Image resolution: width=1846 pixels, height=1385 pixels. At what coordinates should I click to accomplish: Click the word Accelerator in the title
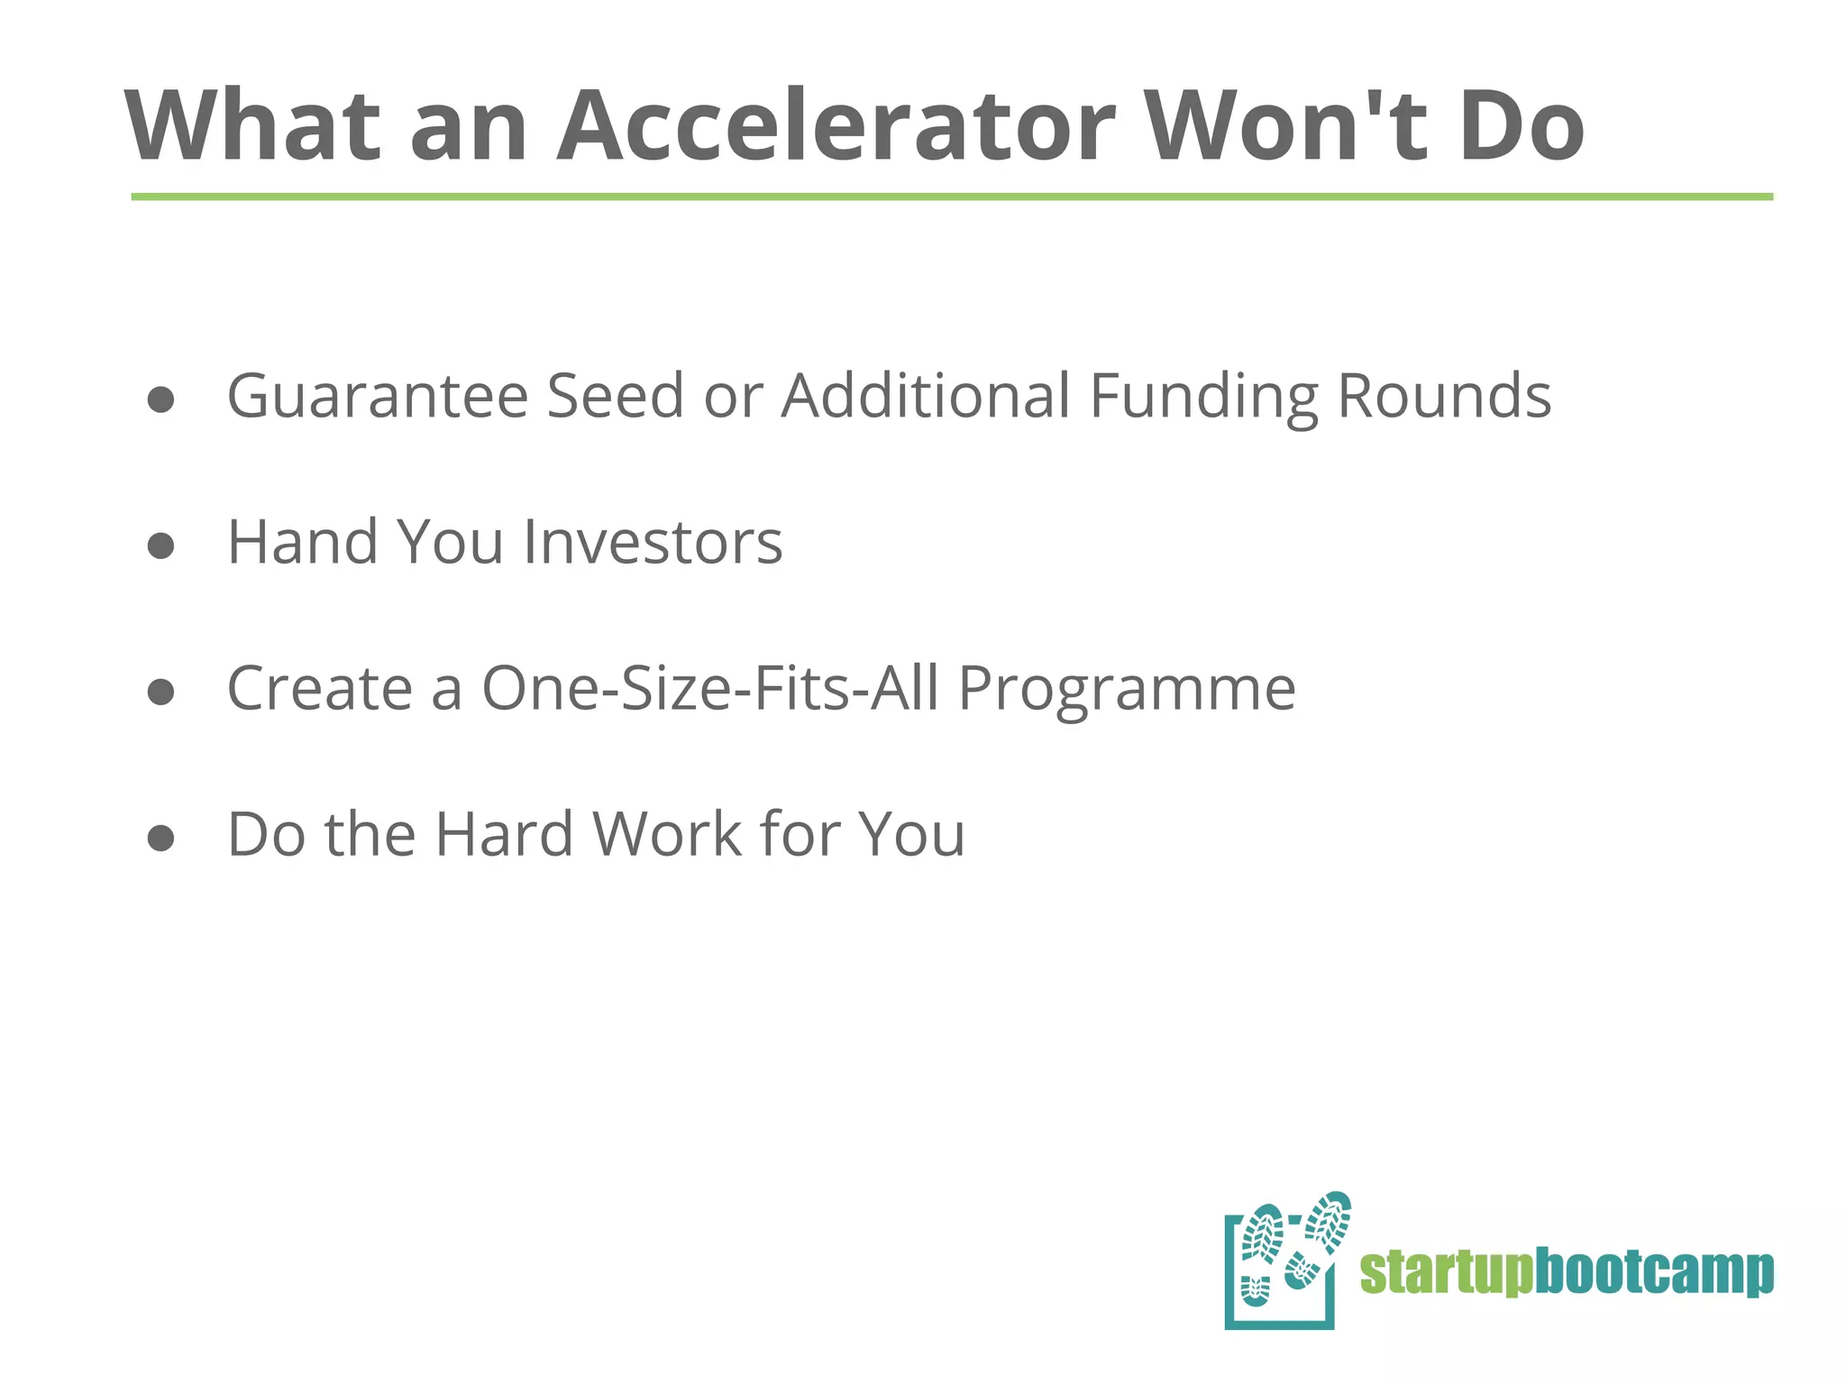coord(836,126)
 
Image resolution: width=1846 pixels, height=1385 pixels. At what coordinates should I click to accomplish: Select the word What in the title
coord(252,126)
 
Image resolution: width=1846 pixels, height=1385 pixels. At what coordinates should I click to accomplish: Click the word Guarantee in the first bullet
coord(377,397)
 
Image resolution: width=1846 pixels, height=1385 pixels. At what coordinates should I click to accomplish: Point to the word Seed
coord(615,397)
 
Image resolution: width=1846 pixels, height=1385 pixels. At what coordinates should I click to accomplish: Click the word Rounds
coord(1444,397)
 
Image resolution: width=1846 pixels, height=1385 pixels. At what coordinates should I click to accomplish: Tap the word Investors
coord(653,543)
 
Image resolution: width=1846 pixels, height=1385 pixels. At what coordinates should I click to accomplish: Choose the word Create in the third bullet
coord(319,689)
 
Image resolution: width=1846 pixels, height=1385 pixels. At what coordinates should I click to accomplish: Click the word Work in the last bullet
coord(667,835)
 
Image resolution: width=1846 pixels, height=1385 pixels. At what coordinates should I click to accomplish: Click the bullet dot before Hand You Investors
coord(160,546)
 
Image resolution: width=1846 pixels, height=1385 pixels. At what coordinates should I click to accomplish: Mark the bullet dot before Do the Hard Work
coord(160,838)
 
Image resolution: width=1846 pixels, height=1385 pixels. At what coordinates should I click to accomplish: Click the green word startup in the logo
coord(1446,1273)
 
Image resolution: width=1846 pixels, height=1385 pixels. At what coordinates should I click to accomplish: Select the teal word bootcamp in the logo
coord(1654,1273)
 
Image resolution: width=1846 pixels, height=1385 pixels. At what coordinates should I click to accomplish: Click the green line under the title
coord(952,197)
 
